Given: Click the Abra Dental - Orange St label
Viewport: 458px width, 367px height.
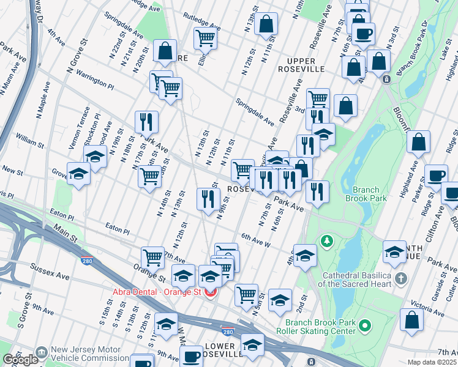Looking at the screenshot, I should tap(157, 292).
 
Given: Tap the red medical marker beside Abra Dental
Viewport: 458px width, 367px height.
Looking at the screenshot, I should tap(211, 292).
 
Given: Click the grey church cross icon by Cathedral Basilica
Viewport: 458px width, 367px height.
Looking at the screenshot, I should tap(400, 279).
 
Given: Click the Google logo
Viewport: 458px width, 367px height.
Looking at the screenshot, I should tap(20, 360).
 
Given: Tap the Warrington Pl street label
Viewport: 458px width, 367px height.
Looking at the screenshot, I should tap(96, 80).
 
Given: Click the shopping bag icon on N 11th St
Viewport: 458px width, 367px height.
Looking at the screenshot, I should tap(266, 25).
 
